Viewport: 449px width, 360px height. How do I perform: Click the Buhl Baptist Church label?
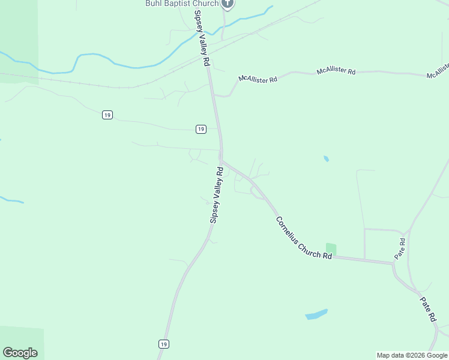coord(181,4)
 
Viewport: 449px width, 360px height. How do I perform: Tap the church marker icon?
coord(227,4)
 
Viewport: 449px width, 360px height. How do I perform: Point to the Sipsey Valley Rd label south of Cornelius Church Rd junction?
coord(216,196)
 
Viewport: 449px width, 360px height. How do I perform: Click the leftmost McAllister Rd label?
coord(258,79)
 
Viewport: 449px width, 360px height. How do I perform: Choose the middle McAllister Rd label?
coord(336,71)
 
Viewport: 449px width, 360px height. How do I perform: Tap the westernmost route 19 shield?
coord(107,115)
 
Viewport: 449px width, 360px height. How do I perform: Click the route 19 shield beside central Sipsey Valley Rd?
coord(201,129)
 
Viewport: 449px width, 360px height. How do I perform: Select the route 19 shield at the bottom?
coord(163,344)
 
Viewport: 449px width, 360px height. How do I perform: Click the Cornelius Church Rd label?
coord(304,238)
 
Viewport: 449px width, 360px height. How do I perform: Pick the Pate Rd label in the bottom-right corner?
coord(427,310)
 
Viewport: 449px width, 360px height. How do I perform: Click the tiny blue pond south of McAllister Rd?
coord(326,159)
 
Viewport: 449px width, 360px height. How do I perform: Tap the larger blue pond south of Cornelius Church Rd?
coord(316,314)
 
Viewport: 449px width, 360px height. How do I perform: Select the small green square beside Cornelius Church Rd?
coord(331,248)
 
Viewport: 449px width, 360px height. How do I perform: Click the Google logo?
coord(20,353)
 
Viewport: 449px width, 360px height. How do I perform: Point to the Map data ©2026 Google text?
coord(412,355)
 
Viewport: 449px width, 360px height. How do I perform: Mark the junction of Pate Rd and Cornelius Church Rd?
coord(393,263)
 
